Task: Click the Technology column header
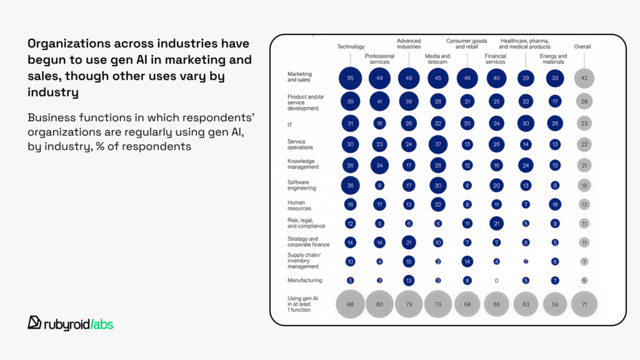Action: [351, 47]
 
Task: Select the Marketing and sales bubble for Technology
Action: [351, 78]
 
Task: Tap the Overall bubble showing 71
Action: [584, 304]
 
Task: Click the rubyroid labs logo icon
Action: [35, 322]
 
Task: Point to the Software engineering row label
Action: [302, 185]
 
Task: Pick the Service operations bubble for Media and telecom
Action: [437, 144]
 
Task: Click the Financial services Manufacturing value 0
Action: [496, 281]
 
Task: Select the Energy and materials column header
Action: [553, 59]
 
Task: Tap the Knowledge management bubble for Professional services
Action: [380, 165]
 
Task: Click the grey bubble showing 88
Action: [351, 304]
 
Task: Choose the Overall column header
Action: [582, 47]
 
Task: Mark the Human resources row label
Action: [299, 205]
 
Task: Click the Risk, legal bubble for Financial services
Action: [496, 223]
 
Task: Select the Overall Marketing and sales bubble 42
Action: [584, 78]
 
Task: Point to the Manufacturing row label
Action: [304, 281]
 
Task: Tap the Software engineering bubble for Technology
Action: [351, 185]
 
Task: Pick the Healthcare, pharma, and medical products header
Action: [525, 44]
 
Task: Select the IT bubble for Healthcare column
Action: [526, 124]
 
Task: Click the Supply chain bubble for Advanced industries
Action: [409, 261]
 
